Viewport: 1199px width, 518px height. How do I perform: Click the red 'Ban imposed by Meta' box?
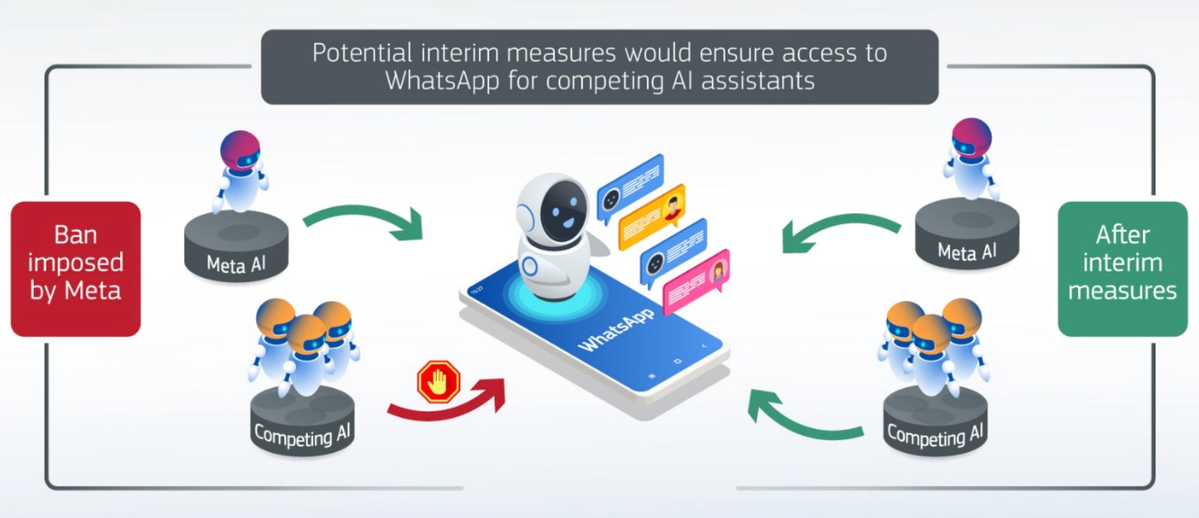76,268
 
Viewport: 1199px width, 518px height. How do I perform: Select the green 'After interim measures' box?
1122,268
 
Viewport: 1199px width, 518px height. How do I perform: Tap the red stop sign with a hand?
438,382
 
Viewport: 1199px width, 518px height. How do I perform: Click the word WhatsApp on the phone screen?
616,329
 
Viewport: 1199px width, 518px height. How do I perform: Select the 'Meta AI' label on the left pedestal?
236,264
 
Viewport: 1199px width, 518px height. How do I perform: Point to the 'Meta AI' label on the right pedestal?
967,252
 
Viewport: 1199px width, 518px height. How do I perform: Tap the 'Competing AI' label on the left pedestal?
302,435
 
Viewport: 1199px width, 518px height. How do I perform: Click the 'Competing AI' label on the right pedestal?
934,435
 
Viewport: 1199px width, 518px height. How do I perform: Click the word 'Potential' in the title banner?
362,53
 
